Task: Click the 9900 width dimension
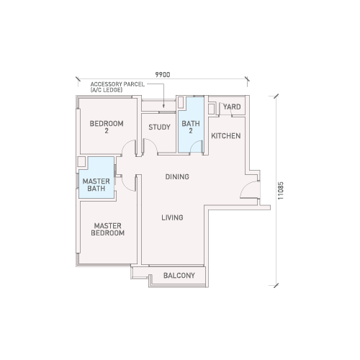point(163,75)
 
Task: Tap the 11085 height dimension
point(280,191)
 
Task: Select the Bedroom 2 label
point(107,127)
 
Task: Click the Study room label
point(159,127)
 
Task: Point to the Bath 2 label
point(191,127)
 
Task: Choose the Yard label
point(232,107)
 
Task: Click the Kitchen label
point(226,136)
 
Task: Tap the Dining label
point(177,176)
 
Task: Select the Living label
point(172,217)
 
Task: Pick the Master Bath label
point(96,185)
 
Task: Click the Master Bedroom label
point(108,229)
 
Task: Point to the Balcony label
point(179,275)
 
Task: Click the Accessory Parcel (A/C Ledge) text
point(117,87)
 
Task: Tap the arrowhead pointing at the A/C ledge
point(163,106)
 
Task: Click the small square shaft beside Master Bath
point(81,161)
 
